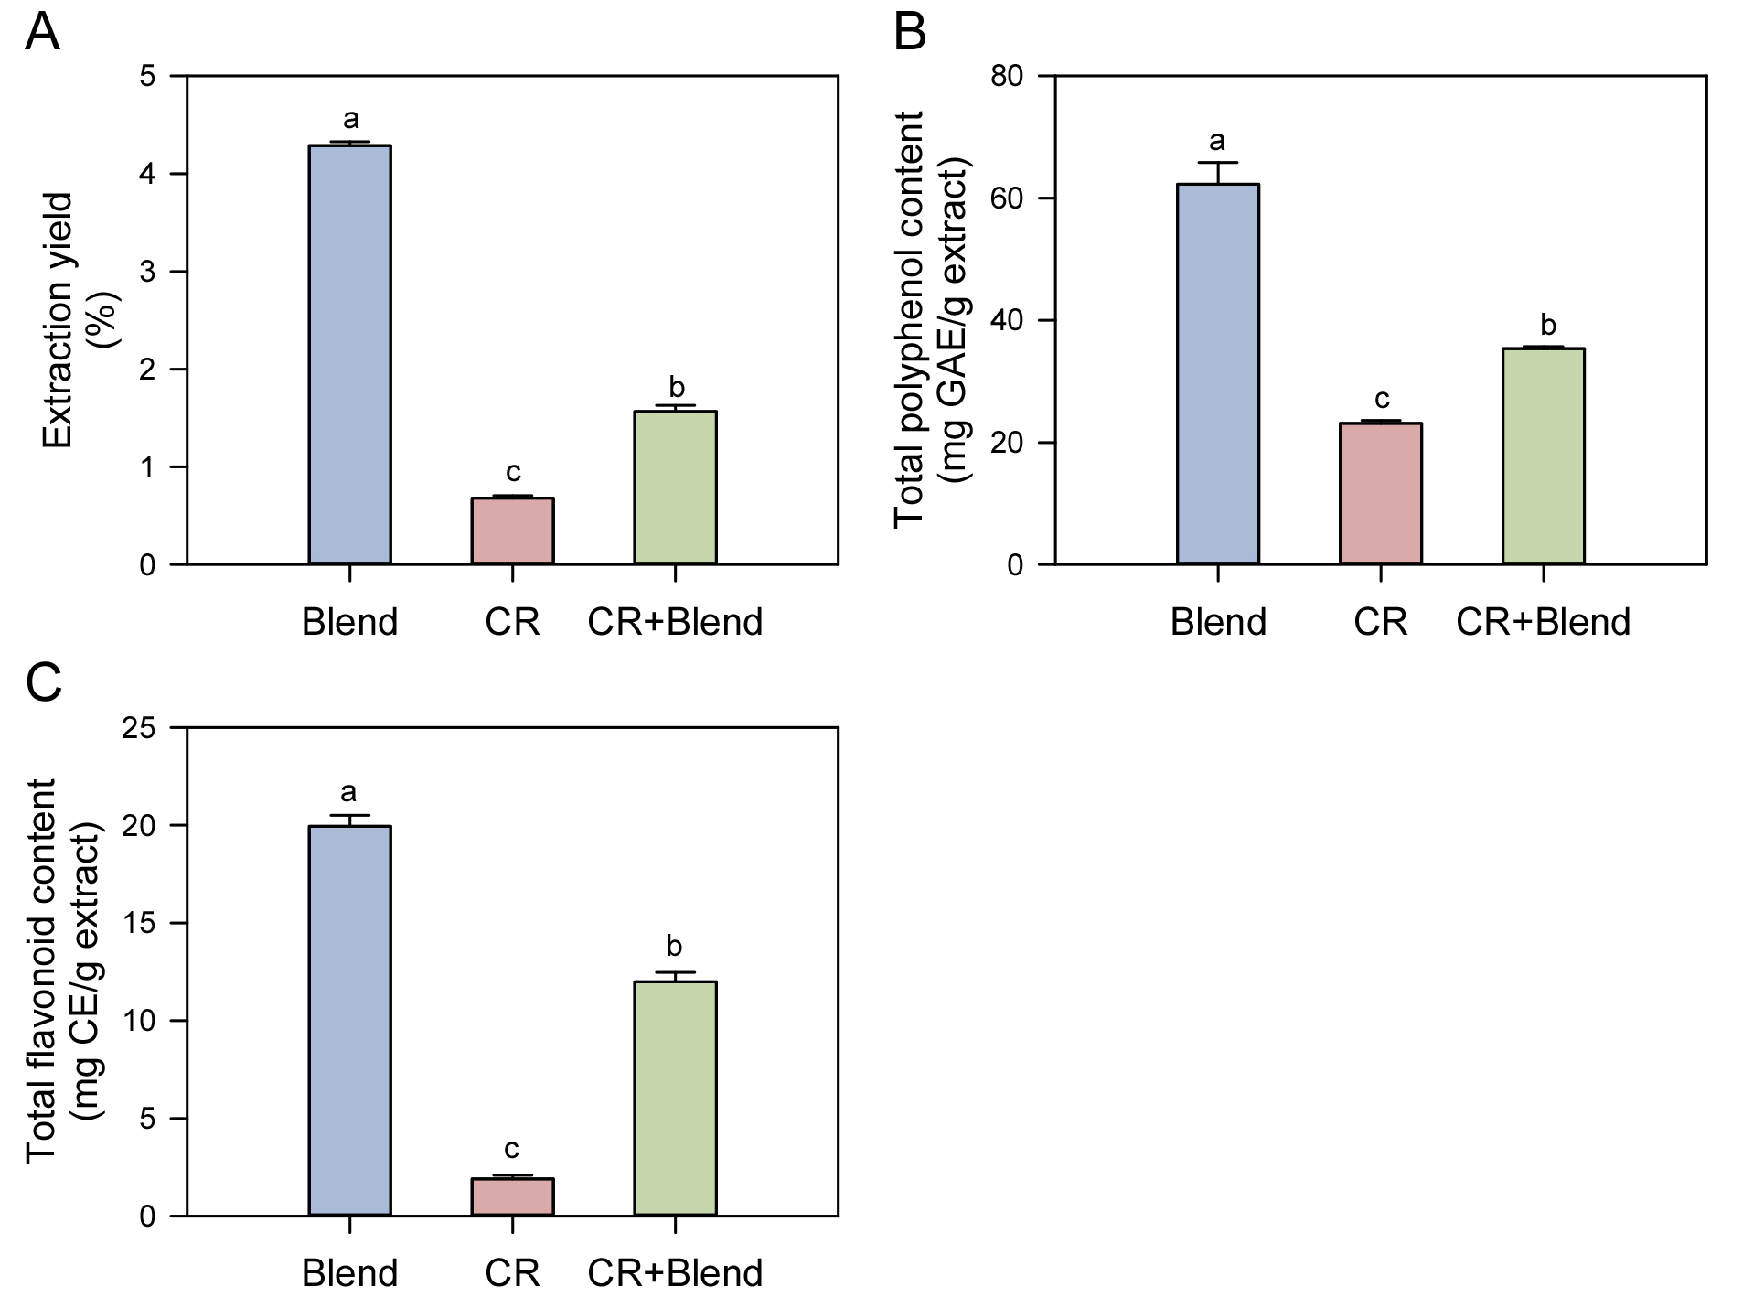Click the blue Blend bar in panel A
point(350,354)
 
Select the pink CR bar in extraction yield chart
point(512,531)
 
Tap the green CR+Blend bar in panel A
point(675,488)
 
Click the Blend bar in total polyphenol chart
point(1218,373)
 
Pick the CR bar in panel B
point(1381,493)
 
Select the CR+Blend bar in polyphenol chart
point(1544,456)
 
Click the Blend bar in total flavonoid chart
point(350,1021)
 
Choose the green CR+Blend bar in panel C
point(675,1099)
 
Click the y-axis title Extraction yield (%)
point(80,320)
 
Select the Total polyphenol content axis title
point(910,319)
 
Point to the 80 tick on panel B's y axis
point(1007,76)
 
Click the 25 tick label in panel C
point(139,728)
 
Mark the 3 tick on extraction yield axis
point(148,272)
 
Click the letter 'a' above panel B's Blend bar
point(1217,141)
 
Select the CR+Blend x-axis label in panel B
point(1544,622)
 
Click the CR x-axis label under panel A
point(512,622)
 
